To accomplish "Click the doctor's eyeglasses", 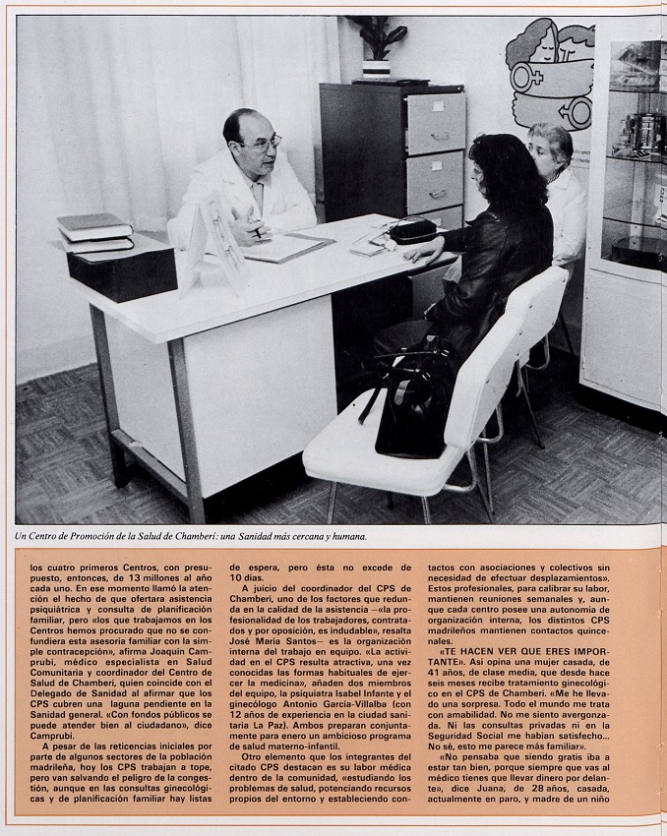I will tap(262, 143).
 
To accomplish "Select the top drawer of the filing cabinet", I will tap(435, 123).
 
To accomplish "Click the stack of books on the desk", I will tap(94, 232).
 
